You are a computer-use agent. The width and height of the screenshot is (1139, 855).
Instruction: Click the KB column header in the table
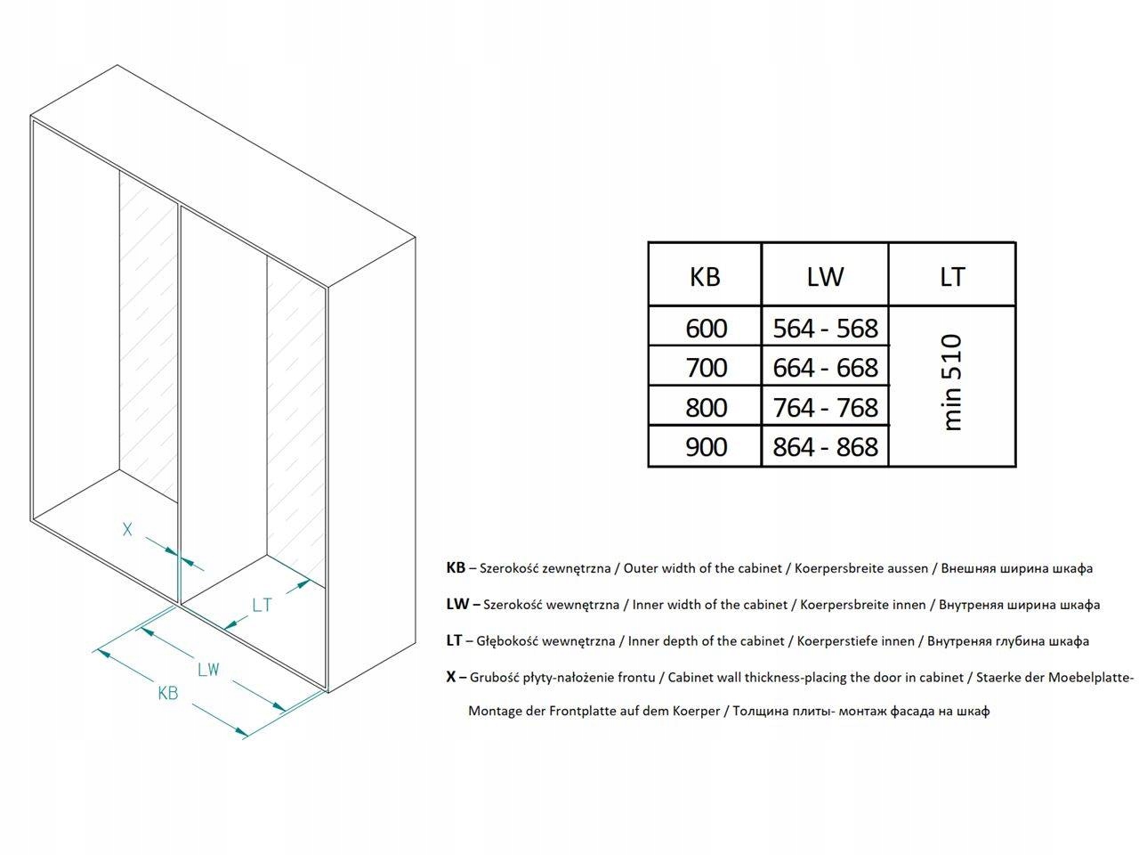click(705, 276)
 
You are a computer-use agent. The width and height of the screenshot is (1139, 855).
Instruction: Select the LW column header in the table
click(825, 276)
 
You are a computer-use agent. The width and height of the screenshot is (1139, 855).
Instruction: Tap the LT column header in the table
click(952, 276)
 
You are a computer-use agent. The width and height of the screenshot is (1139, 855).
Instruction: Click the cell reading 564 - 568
click(825, 329)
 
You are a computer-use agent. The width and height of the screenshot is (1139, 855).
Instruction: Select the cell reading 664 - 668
click(825, 368)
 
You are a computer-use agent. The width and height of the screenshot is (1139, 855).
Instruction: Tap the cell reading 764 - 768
click(825, 408)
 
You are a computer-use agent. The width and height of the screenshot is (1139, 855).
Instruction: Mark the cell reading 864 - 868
click(825, 447)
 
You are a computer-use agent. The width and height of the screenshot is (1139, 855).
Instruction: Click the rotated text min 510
click(952, 383)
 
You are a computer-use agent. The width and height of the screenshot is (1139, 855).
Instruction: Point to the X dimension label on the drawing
click(127, 529)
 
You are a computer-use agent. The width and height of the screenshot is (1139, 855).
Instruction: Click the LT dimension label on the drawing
click(262, 606)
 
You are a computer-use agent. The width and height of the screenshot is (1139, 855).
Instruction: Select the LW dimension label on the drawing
click(208, 669)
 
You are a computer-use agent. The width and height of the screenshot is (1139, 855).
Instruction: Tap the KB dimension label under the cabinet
click(167, 693)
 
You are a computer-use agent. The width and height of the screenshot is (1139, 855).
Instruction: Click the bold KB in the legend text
click(456, 568)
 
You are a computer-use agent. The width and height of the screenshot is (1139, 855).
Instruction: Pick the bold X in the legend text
click(451, 677)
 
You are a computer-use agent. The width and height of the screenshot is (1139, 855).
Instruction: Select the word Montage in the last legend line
click(495, 712)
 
